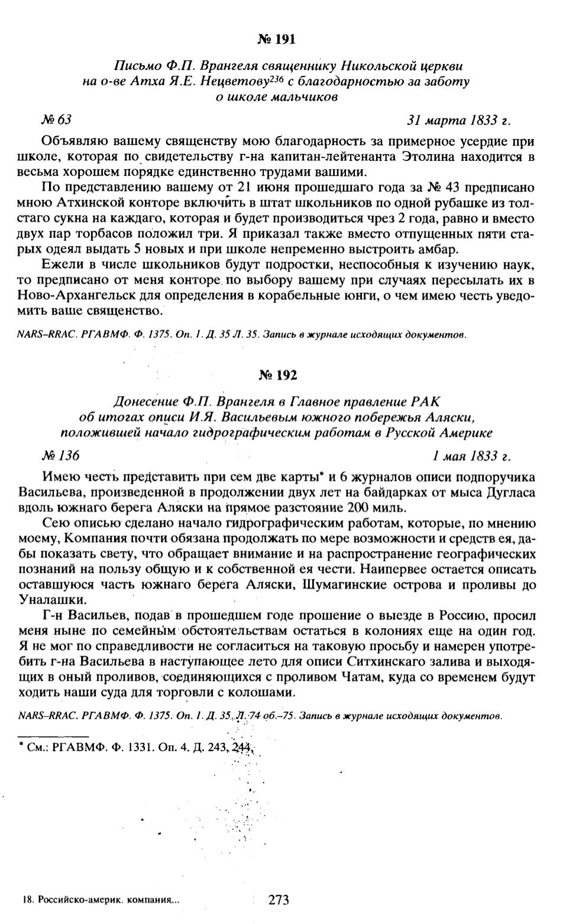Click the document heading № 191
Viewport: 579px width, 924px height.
(x=276, y=40)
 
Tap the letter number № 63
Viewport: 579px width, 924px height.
(x=56, y=120)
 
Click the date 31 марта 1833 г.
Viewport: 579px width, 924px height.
(x=458, y=120)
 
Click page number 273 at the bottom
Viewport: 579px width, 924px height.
(x=279, y=900)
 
